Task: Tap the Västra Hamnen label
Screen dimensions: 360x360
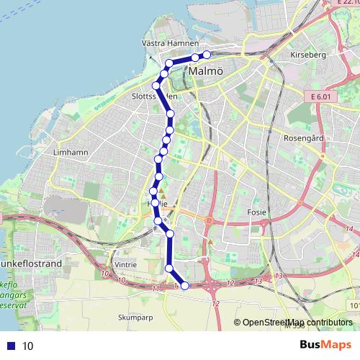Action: [x=165, y=43]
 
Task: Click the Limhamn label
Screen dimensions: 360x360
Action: [x=70, y=153]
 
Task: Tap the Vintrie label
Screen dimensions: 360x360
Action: [x=125, y=264]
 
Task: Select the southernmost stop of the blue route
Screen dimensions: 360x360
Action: [x=185, y=286]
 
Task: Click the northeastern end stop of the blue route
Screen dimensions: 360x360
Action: [x=207, y=55]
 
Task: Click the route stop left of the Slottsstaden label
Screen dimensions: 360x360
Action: [x=156, y=86]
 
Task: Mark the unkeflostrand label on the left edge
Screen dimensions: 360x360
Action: [x=32, y=264]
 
